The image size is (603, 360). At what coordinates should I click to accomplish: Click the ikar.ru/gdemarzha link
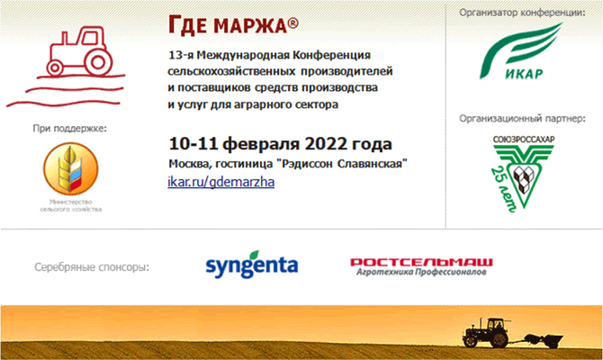pos(221,182)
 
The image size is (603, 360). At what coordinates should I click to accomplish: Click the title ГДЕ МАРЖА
pos(233,25)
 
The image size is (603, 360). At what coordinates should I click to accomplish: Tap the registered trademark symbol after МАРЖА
pos(293,23)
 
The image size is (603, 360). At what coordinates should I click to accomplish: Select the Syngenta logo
pos(252,265)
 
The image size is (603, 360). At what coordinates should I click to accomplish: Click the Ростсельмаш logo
pos(421,267)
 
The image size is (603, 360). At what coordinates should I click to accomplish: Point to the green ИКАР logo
pos(521,51)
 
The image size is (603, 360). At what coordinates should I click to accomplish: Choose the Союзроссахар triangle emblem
pos(524,174)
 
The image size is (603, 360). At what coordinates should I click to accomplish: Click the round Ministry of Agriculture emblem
pos(71,169)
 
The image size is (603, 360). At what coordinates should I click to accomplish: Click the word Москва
pos(190,164)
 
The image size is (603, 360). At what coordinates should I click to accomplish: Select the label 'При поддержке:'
pos(69,128)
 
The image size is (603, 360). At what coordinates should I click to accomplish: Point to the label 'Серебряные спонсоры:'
pos(92,267)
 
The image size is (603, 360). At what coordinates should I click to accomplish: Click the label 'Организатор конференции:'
pos(522,13)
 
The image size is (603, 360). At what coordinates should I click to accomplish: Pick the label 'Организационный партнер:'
pos(522,119)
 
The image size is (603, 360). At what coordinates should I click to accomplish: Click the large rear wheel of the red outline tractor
pos(98,62)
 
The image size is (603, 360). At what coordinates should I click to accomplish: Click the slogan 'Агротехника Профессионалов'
pos(421,272)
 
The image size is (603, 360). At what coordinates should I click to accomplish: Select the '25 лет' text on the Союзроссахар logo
pos(503,189)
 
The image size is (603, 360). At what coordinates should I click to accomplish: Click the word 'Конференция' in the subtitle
pos(331,56)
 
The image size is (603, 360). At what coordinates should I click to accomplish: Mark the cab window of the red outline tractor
pos(90,37)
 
